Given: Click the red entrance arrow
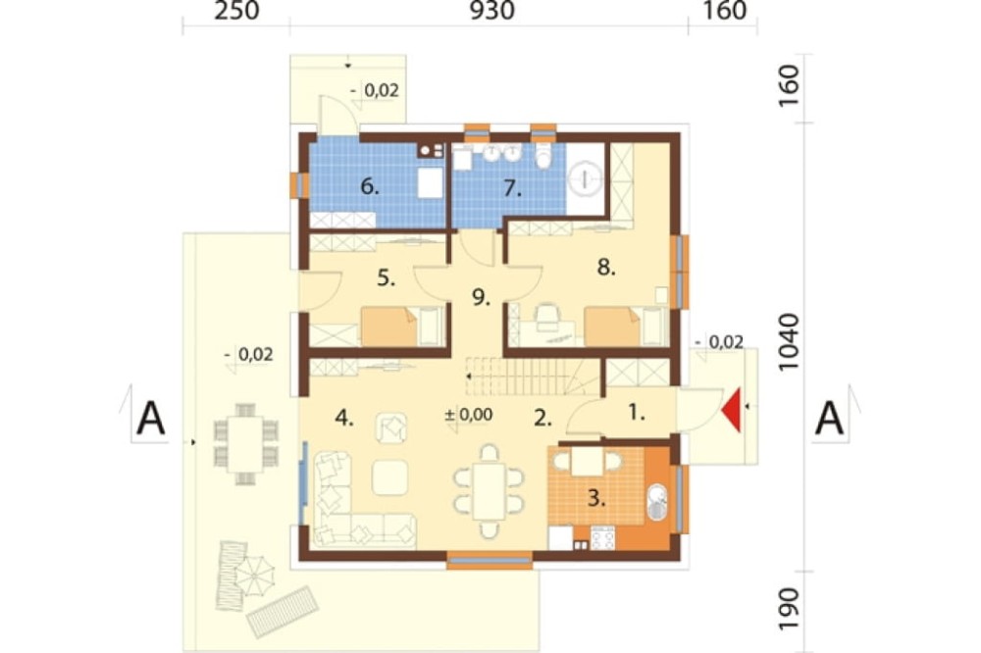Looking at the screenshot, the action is pyautogui.click(x=733, y=410).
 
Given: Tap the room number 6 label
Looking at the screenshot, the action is pyautogui.click(x=370, y=186).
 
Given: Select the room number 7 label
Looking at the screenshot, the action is pyautogui.click(x=512, y=188).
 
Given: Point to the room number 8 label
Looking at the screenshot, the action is pyautogui.click(x=606, y=267).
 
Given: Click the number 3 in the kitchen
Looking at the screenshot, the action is pyautogui.click(x=596, y=498).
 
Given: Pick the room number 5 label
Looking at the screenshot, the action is pyautogui.click(x=386, y=277).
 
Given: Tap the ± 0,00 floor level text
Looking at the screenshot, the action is pyautogui.click(x=469, y=414).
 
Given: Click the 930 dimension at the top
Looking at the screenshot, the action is pyautogui.click(x=492, y=11).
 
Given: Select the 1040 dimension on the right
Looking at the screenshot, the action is pyautogui.click(x=790, y=342).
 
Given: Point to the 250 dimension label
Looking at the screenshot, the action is pyautogui.click(x=236, y=11).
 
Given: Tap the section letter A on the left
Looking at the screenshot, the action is pyautogui.click(x=151, y=419).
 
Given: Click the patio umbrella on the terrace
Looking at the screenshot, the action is pyautogui.click(x=255, y=576).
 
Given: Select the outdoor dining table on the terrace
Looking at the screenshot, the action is pyautogui.click(x=245, y=444).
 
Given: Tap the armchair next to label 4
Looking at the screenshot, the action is pyautogui.click(x=392, y=427).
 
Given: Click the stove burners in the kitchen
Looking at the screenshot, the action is pyautogui.click(x=603, y=538).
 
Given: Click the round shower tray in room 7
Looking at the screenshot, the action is pyautogui.click(x=586, y=180).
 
